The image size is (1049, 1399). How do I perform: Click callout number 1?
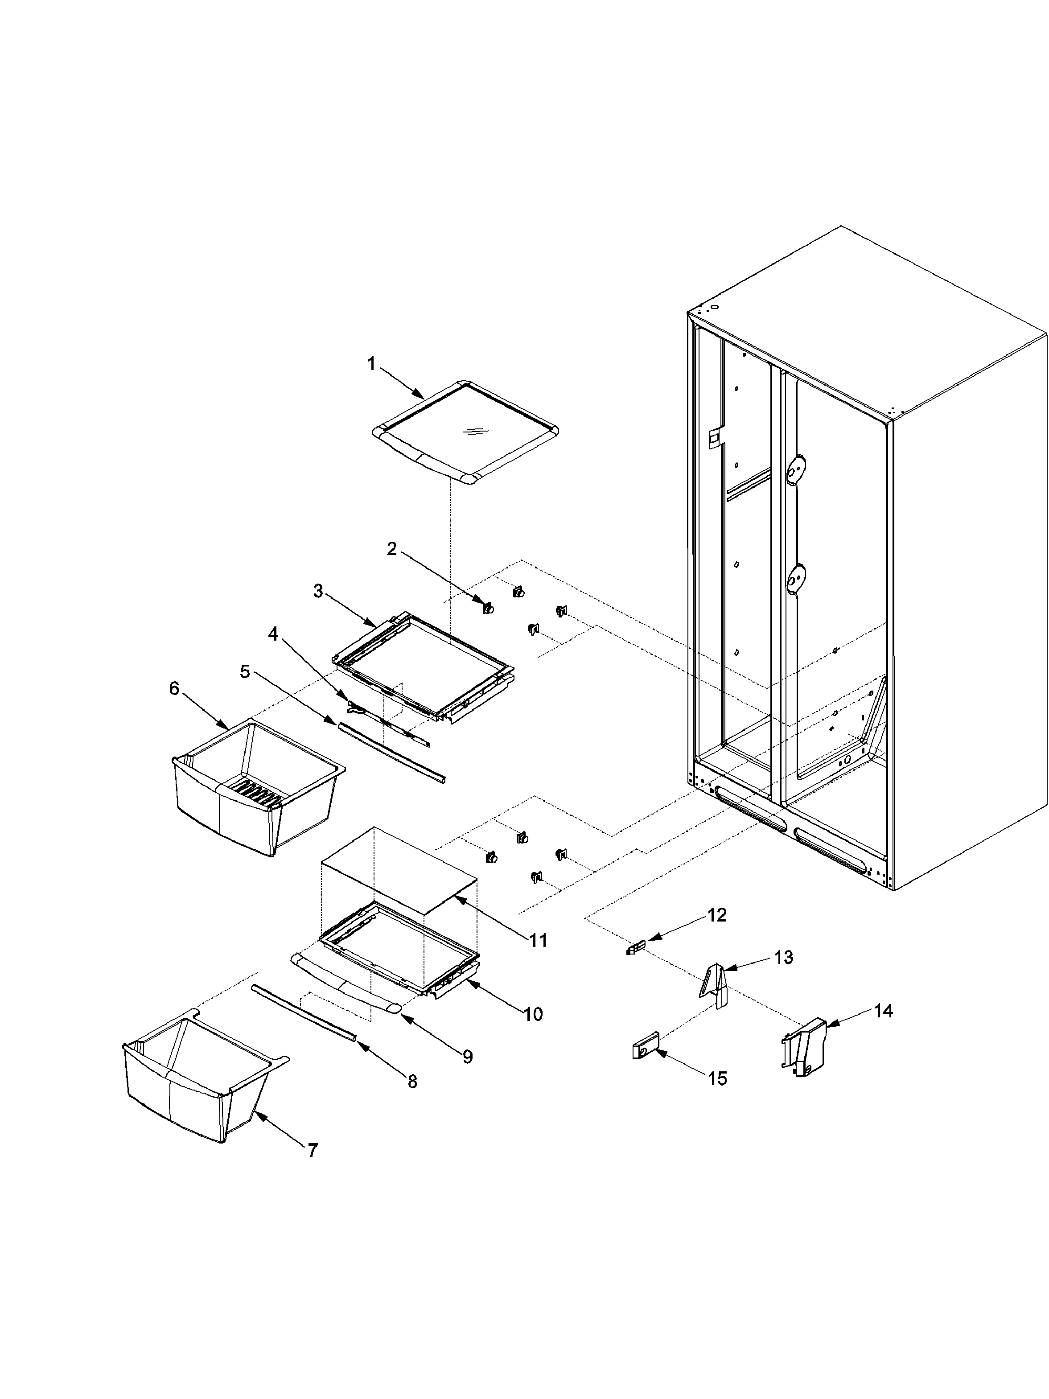click(371, 364)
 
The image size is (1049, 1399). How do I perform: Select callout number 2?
click(392, 549)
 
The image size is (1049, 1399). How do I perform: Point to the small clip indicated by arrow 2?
click(488, 608)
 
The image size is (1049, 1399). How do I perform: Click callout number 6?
click(174, 688)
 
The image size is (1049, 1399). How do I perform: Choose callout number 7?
click(313, 1150)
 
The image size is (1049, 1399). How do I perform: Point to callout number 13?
click(783, 958)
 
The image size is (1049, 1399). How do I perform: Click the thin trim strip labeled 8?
click(304, 1012)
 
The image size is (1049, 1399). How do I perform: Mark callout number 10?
click(533, 1014)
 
